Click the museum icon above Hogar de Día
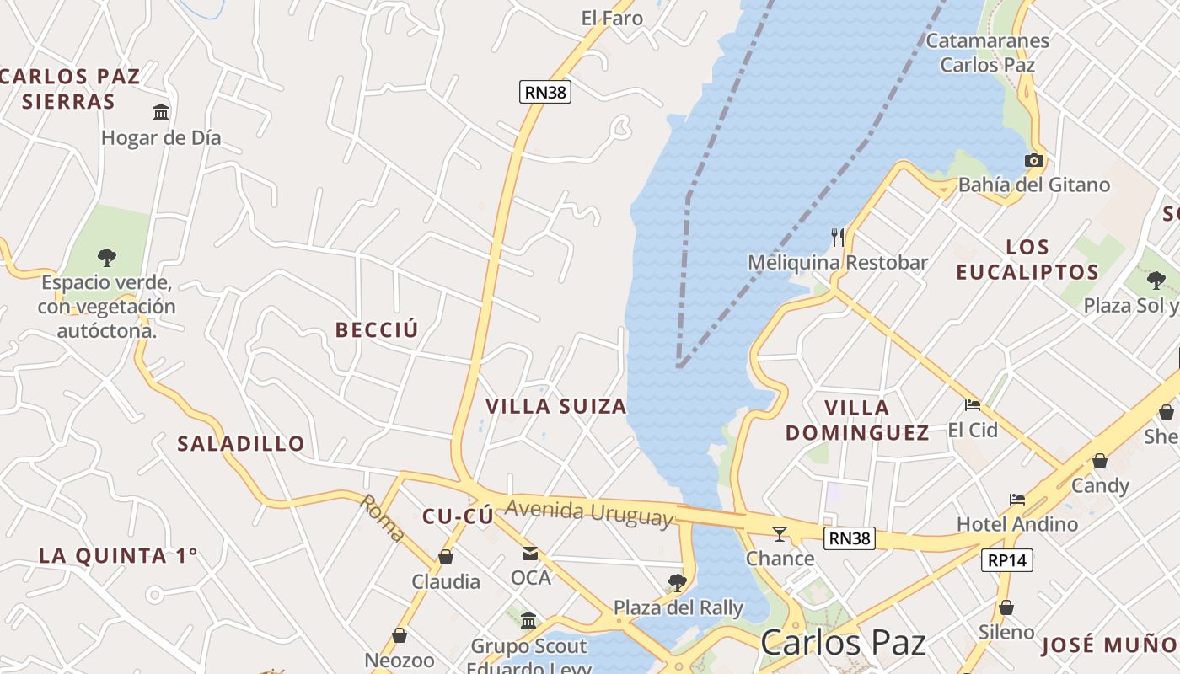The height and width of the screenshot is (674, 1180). pos(161,112)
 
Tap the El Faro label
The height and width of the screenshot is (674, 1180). pos(612,18)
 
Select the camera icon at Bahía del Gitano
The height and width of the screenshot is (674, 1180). pos(1033,160)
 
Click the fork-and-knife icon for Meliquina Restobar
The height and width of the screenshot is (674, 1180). pos(838,238)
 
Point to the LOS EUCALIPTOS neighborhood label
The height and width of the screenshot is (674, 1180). pos(1027,259)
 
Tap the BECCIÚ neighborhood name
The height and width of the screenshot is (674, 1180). pos(377,329)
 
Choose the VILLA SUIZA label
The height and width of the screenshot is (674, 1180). pos(556,406)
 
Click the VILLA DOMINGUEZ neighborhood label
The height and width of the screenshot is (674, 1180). pos(857,420)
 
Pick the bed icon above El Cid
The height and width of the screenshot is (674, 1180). pos(973,405)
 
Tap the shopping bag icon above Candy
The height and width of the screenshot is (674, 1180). pos(1100,461)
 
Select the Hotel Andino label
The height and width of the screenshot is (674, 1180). pos(1017,524)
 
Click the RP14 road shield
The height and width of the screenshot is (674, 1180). pos(1007,560)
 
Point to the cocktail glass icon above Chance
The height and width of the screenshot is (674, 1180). pos(780,533)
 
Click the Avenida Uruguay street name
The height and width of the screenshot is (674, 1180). pos(590,511)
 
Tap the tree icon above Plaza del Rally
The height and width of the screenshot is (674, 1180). pos(677,582)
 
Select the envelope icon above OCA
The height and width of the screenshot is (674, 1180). pos(530,554)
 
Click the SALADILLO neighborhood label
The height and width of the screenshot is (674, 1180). pos(241,443)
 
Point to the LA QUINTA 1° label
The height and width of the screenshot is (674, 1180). pos(119,555)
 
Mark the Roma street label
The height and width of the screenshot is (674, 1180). pos(383,517)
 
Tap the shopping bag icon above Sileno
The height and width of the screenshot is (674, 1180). pos(1006,607)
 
